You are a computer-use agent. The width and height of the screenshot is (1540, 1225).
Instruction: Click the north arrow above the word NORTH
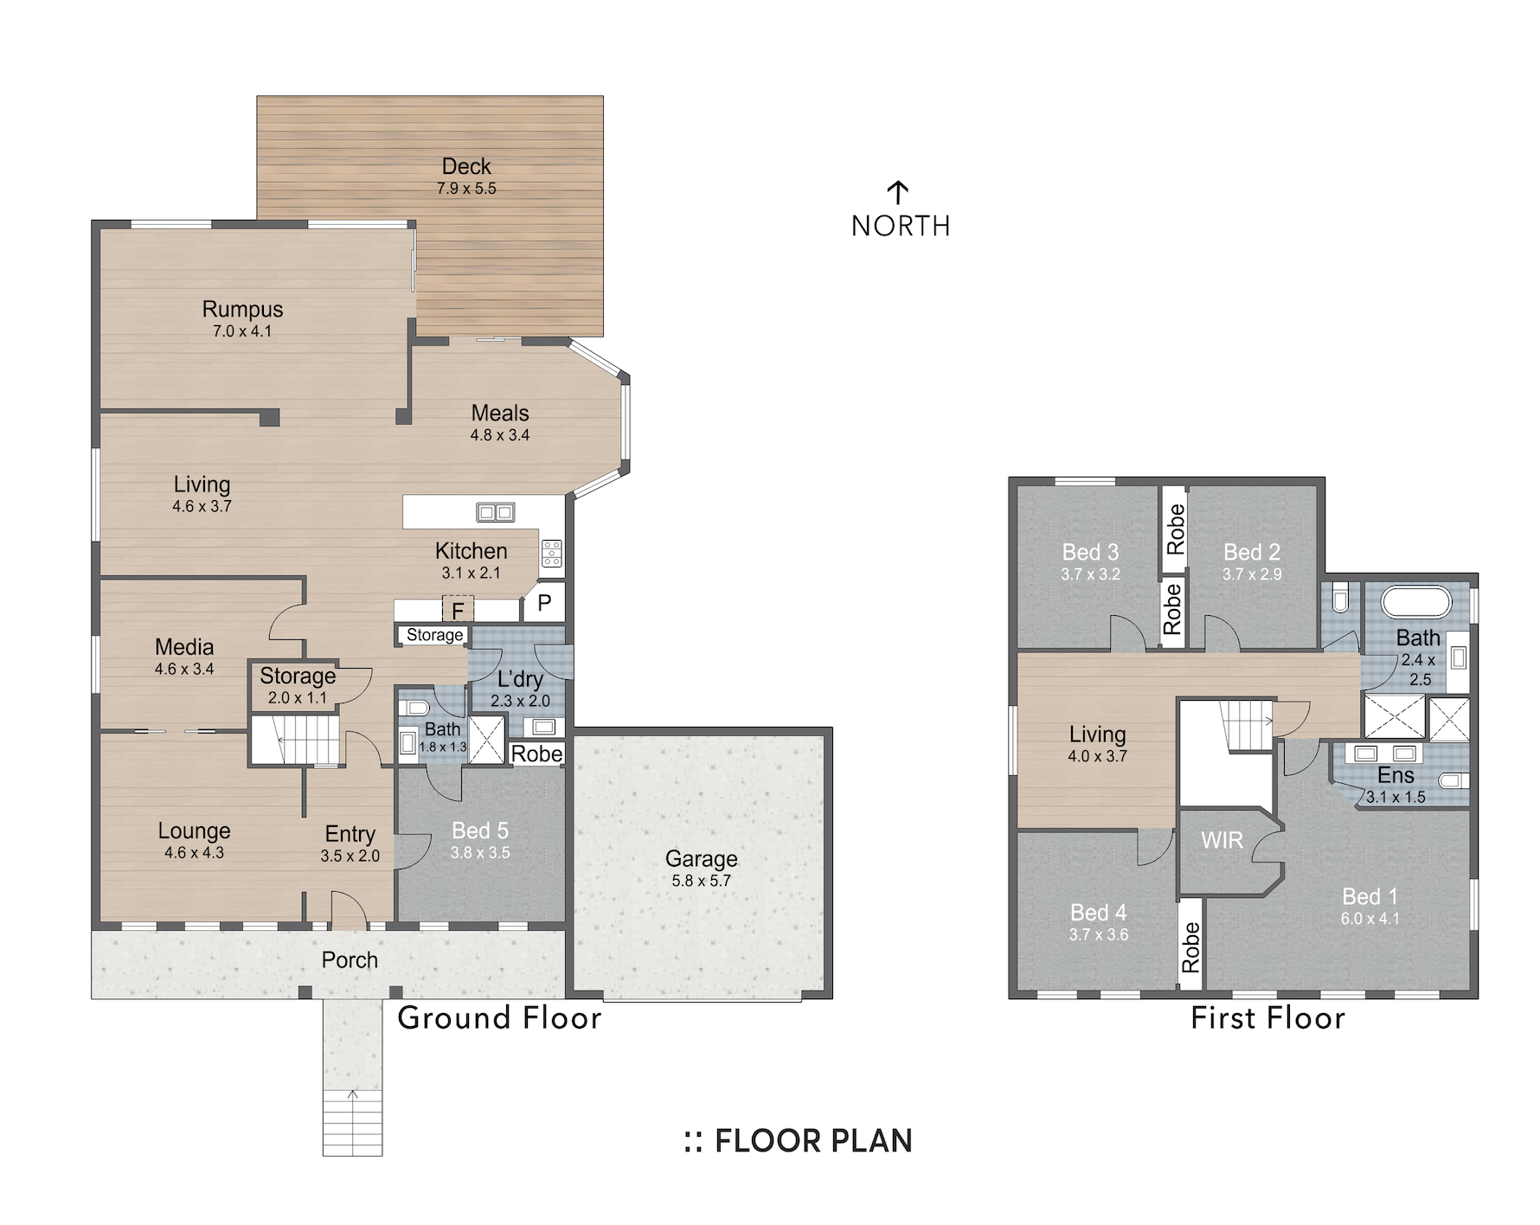(x=898, y=193)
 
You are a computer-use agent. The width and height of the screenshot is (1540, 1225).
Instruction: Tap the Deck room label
(x=466, y=166)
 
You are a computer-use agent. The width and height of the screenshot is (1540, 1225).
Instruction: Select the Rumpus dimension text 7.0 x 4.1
(x=242, y=331)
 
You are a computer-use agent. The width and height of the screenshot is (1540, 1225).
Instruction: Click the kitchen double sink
(x=496, y=512)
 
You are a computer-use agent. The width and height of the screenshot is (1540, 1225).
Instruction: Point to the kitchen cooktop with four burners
(x=552, y=553)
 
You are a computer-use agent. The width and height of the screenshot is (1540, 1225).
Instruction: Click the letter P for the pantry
(x=544, y=602)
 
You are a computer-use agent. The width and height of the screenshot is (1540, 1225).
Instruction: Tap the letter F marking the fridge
(x=458, y=611)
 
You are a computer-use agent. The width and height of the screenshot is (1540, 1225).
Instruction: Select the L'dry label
(x=520, y=680)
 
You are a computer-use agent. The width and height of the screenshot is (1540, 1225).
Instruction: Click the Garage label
(x=702, y=859)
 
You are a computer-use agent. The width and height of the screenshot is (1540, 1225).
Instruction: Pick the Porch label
(x=350, y=960)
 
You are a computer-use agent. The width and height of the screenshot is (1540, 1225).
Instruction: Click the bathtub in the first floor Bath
(x=1416, y=602)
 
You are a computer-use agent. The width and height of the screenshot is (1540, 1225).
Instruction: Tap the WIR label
(x=1222, y=840)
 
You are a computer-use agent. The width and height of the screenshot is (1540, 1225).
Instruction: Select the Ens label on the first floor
(x=1396, y=775)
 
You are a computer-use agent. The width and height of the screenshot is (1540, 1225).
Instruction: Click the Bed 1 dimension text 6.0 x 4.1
(x=1370, y=919)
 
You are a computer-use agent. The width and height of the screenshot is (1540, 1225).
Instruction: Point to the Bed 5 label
(x=480, y=831)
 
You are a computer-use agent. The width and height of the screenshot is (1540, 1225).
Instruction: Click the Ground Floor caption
(x=499, y=1018)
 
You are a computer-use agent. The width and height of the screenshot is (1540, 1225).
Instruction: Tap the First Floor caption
(x=1267, y=1018)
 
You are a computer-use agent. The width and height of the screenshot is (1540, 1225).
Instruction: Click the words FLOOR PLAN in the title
(x=813, y=1141)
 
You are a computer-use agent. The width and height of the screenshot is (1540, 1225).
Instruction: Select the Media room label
(x=184, y=647)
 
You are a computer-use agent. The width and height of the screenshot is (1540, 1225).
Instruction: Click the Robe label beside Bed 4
(x=1191, y=946)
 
